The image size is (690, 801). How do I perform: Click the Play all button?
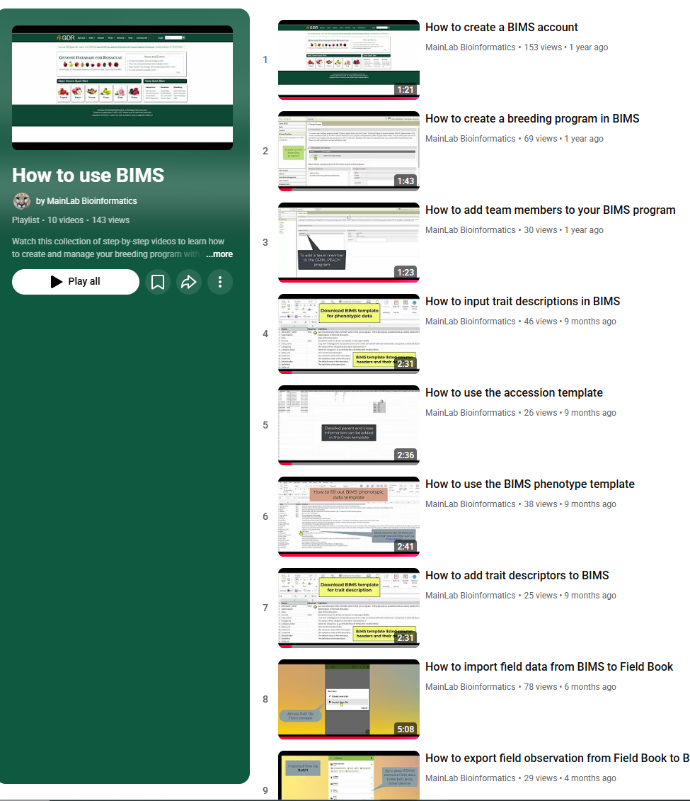[x=76, y=282]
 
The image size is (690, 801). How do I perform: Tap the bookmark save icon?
[x=158, y=282]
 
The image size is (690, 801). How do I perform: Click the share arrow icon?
[x=189, y=282]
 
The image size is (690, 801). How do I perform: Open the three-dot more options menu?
[x=220, y=282]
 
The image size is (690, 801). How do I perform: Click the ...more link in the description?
[x=219, y=254]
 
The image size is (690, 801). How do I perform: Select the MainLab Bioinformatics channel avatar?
[x=22, y=201]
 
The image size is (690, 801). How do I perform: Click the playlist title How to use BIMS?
[x=88, y=175]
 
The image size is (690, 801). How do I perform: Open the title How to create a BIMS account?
[x=501, y=28]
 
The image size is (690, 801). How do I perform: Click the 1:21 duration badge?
[x=405, y=90]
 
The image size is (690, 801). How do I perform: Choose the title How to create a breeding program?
[x=532, y=119]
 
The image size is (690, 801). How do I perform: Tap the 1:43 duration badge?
[x=405, y=181]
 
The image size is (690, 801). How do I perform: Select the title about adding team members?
[x=550, y=210]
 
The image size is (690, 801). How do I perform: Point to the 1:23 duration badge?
[x=405, y=273]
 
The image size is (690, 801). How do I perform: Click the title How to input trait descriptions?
[x=522, y=302]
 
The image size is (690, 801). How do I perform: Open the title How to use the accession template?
[x=514, y=393]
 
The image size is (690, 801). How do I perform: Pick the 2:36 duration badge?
[x=405, y=455]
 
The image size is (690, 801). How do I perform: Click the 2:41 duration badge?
[x=405, y=547]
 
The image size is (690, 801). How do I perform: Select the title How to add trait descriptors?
[x=517, y=576]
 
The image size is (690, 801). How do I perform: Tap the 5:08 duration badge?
[x=405, y=729]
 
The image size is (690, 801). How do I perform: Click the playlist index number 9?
[x=265, y=790]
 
